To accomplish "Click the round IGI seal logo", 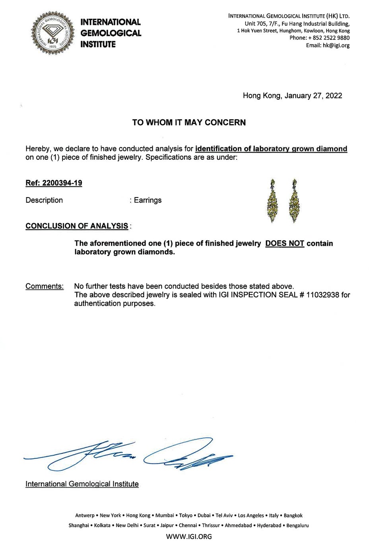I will click(53, 33).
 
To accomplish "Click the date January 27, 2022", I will click(313, 96).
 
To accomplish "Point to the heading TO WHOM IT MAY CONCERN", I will click(189, 122).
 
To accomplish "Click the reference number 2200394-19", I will click(65, 183).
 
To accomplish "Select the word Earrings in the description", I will click(148, 200).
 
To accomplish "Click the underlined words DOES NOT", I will click(285, 243).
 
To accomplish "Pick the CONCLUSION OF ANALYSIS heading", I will click(77, 226).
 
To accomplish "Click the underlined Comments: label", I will click(45, 286).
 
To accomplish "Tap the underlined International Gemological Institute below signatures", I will click(82, 484).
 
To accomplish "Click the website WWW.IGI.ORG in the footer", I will click(189, 537).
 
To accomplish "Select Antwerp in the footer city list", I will click(85, 515).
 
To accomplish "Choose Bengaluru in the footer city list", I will click(297, 525).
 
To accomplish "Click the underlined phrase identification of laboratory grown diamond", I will click(271, 149).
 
